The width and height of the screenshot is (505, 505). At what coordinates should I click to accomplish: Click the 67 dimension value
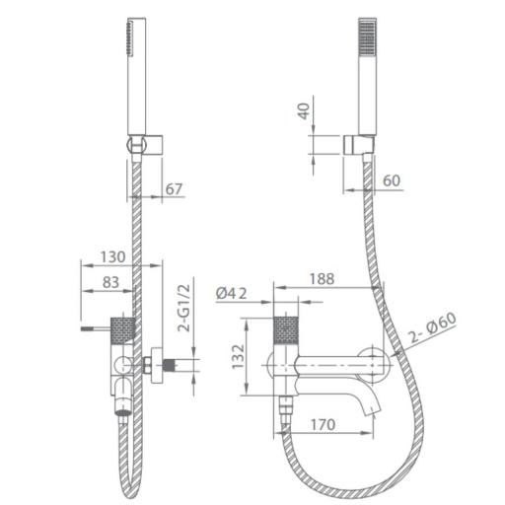174,189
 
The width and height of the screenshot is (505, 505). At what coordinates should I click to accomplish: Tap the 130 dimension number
112,256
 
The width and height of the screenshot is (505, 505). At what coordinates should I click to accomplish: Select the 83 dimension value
110,282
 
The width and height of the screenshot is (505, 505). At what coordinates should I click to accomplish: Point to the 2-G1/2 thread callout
184,308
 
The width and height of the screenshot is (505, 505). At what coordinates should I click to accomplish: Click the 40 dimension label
304,110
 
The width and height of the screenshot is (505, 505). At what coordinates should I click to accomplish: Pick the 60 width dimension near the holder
392,180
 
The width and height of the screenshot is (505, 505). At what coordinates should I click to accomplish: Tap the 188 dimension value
323,279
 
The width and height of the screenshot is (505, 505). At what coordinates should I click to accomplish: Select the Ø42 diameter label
232,293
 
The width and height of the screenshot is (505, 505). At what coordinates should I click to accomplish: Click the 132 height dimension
239,356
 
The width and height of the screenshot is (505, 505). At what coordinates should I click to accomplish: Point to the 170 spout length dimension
324,424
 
